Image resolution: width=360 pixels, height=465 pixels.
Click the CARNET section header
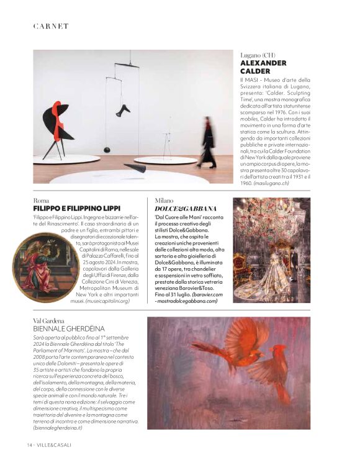click(x=51, y=26)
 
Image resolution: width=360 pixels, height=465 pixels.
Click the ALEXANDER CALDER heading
click(x=263, y=67)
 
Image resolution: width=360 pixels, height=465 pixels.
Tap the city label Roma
click(x=41, y=201)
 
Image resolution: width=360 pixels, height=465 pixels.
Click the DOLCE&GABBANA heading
click(x=186, y=209)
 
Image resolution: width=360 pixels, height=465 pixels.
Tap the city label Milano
click(x=164, y=201)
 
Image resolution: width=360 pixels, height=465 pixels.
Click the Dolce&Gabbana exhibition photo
click(x=271, y=250)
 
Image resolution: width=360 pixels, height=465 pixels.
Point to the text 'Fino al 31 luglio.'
click(x=177, y=294)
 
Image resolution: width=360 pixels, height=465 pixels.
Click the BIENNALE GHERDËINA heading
click(x=69, y=328)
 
